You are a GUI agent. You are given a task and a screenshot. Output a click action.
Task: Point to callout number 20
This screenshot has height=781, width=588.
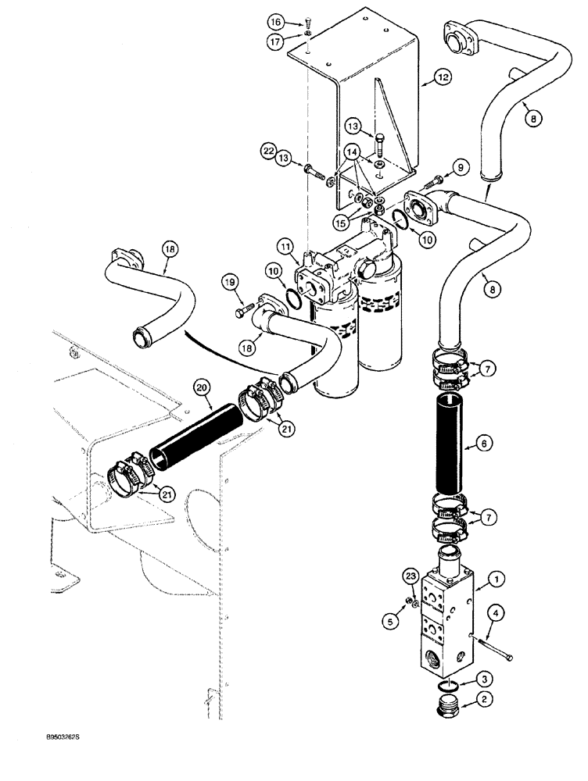pyautogui.click(x=203, y=387)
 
